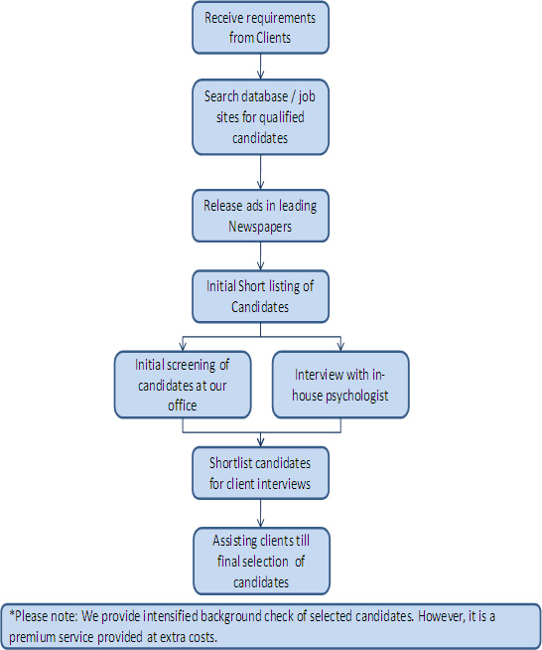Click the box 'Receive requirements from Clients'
tap(260, 28)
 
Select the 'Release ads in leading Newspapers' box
tap(260, 216)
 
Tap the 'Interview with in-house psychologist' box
tap(340, 385)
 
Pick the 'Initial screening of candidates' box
tap(183, 385)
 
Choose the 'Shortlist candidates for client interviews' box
tap(260, 473)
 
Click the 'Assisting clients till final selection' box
tap(261, 562)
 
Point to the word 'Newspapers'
tap(260, 227)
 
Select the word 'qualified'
tap(282, 117)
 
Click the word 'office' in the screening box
tap(183, 405)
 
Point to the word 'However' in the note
tap(441, 616)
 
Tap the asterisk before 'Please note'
tap(12, 613)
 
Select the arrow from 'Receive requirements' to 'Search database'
tap(260, 67)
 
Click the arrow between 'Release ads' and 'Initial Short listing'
tap(260, 256)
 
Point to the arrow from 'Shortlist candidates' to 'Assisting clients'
tap(260, 513)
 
